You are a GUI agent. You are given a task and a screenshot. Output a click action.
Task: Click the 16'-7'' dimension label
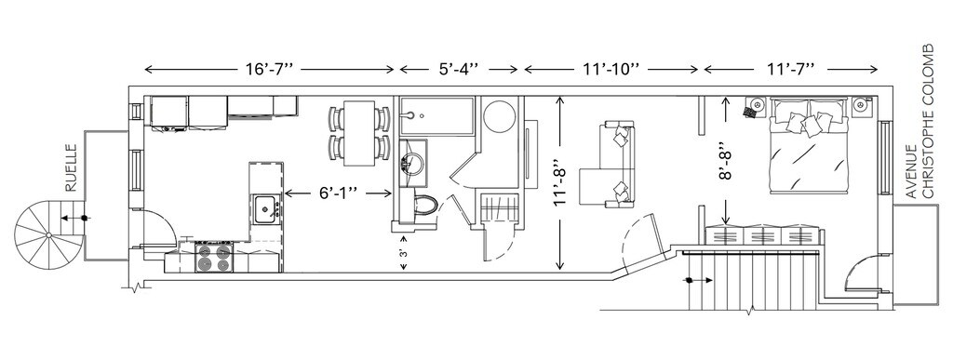269,69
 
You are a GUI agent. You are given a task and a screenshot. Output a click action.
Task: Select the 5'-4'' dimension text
459,69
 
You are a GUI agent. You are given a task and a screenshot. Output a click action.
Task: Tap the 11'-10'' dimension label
611,69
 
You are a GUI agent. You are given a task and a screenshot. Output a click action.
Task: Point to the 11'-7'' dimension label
789,69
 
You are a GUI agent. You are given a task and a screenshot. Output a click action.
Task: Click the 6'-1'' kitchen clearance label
338,193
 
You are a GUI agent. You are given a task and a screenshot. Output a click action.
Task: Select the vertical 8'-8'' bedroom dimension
725,161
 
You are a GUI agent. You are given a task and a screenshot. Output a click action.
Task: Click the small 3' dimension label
403,253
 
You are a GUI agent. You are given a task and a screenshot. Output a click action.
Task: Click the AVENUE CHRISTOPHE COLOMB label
919,121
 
